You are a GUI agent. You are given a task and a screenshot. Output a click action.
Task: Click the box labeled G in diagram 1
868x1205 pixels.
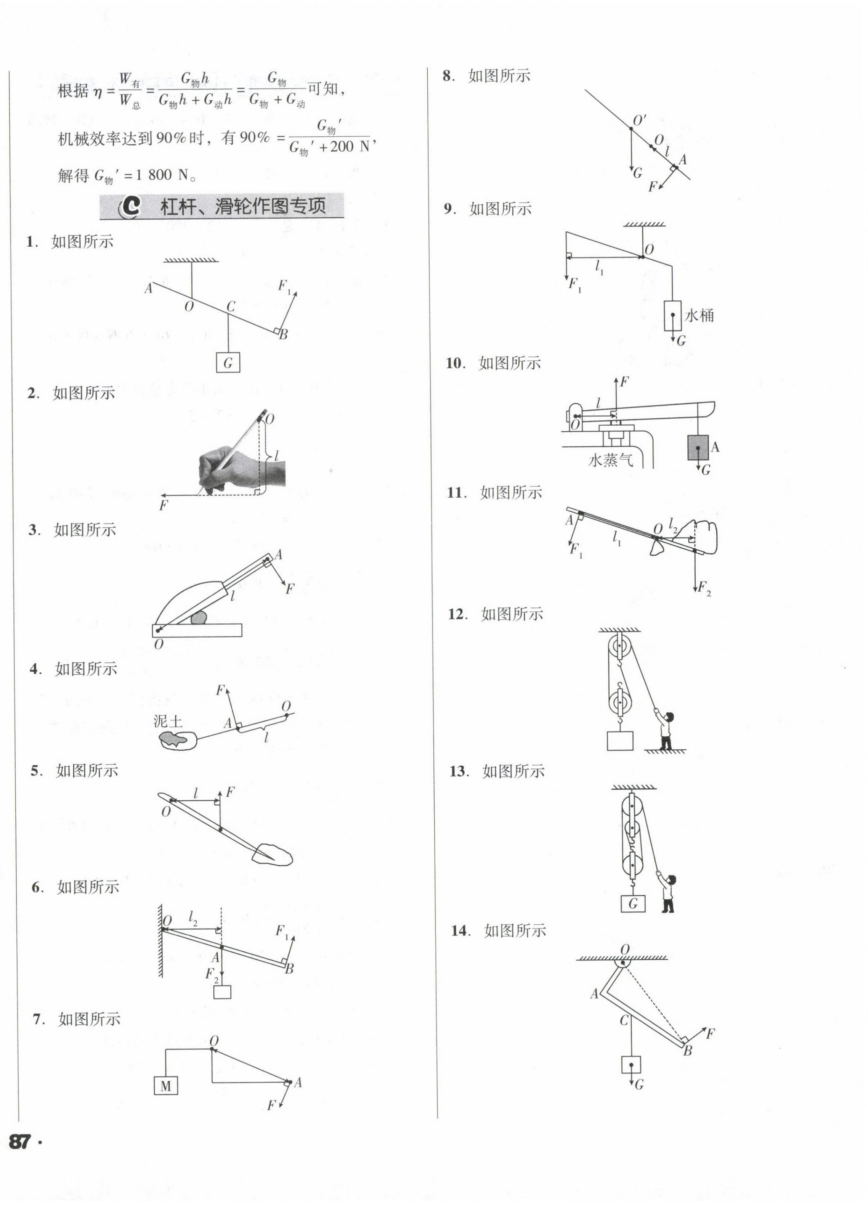[x=228, y=363]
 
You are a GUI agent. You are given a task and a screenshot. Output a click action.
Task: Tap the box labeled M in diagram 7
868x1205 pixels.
[x=166, y=1086]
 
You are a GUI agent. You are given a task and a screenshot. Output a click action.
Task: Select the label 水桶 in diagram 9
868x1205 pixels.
[x=699, y=316]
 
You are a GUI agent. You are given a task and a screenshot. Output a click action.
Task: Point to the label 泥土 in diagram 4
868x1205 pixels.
[x=167, y=721]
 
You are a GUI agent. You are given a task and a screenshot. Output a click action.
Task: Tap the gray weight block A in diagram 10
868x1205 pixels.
[x=698, y=447]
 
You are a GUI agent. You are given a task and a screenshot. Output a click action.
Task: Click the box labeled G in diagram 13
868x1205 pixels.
[x=633, y=903]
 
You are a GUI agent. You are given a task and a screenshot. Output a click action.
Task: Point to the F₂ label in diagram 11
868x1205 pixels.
[x=704, y=588]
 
